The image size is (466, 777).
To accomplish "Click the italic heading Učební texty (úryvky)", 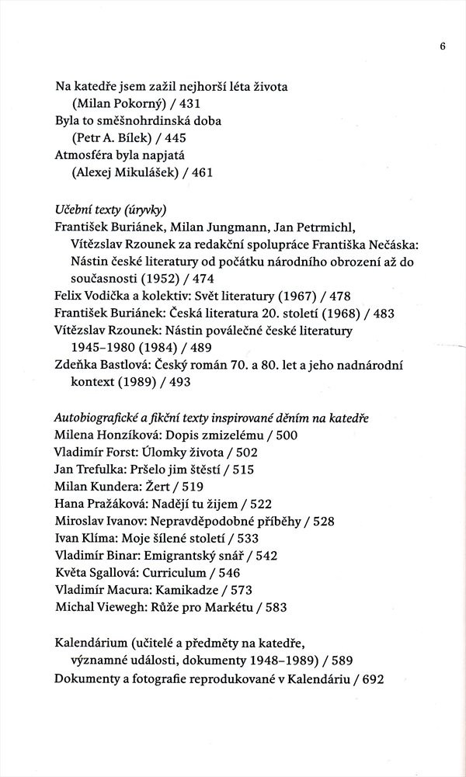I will pos(112,210).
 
